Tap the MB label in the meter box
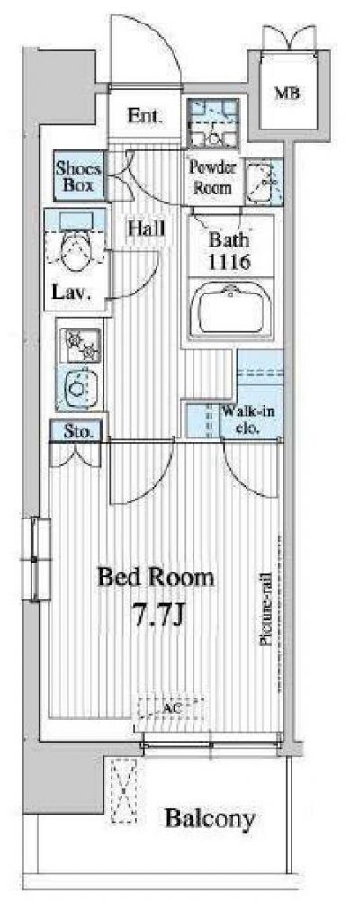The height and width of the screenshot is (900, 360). click(x=289, y=93)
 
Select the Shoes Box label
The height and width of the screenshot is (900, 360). click(x=78, y=176)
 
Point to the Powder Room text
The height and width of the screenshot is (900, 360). click(x=213, y=177)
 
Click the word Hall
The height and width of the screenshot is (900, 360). click(x=146, y=229)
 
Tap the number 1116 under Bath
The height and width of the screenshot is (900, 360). click(x=229, y=262)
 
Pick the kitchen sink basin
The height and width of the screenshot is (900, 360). click(x=80, y=387)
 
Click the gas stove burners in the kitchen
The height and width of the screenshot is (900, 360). click(x=80, y=344)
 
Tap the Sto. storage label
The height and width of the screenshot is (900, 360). click(x=75, y=431)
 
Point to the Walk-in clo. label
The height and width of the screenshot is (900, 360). click(x=243, y=419)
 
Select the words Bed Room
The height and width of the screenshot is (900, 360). click(x=157, y=577)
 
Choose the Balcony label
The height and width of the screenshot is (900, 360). click(x=210, y=818)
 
